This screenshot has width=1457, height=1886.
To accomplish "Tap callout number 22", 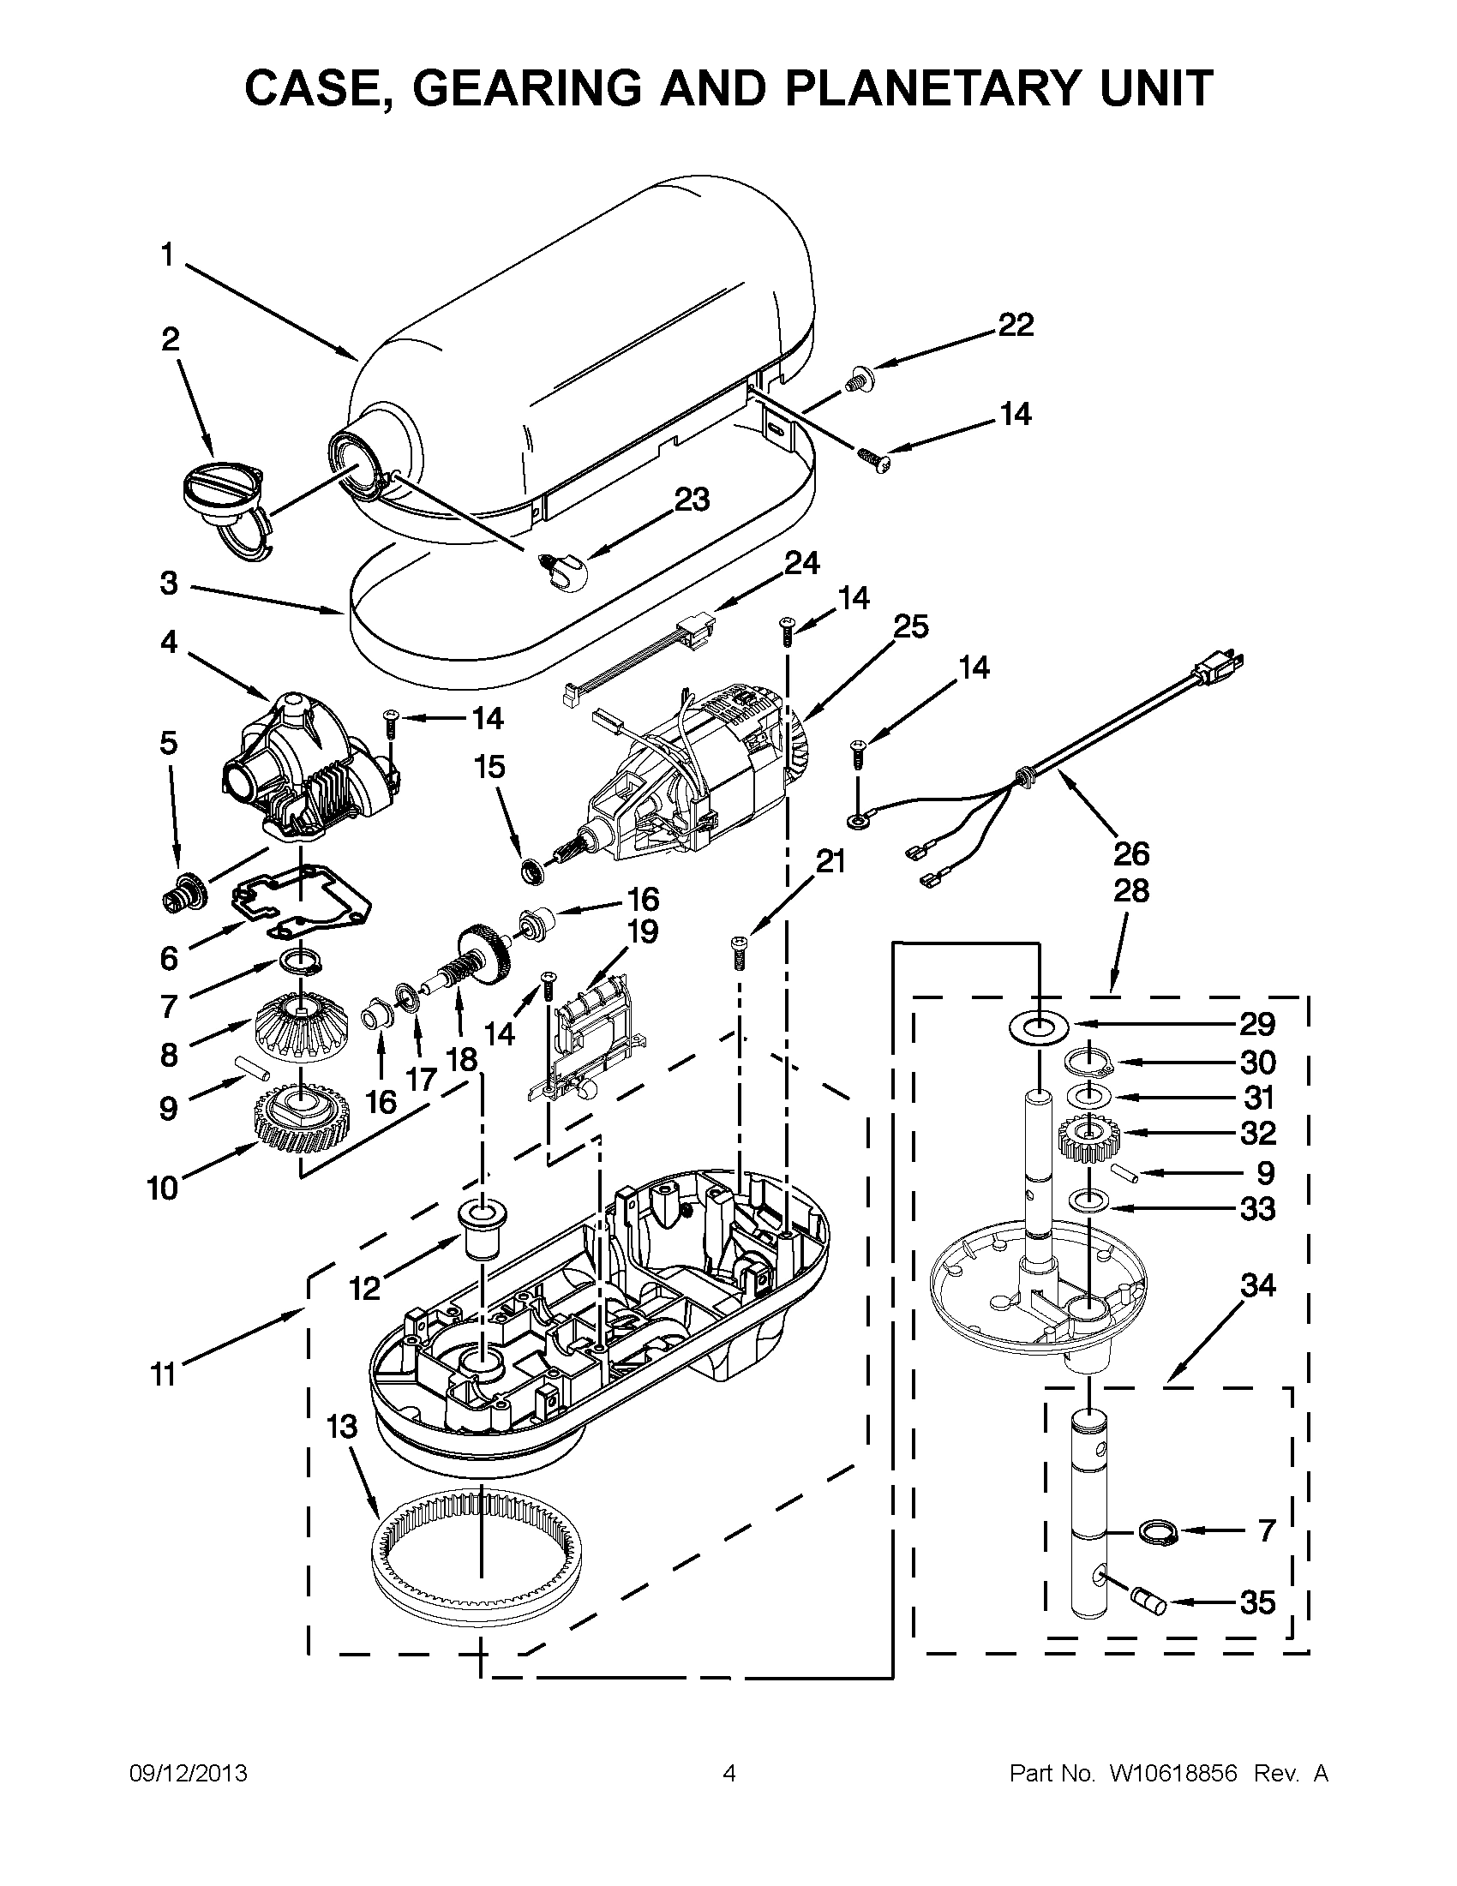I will (1016, 326).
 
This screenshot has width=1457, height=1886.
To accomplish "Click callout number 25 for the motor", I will (910, 627).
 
